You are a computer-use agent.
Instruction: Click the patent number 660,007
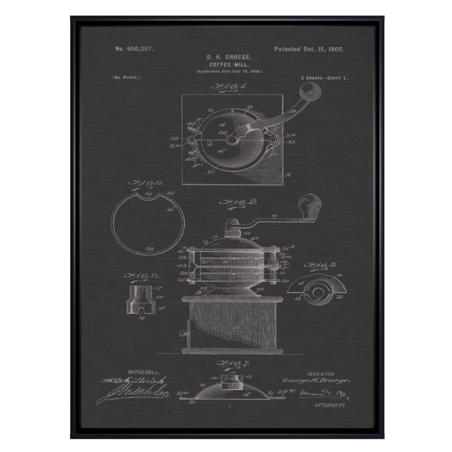[134, 49]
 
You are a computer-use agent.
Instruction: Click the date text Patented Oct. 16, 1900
[309, 49]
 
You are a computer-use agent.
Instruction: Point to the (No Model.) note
[127, 77]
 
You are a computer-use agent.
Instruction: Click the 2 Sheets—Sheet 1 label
[324, 78]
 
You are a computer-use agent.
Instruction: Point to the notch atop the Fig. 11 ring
[149, 197]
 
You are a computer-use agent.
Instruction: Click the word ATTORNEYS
[329, 405]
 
